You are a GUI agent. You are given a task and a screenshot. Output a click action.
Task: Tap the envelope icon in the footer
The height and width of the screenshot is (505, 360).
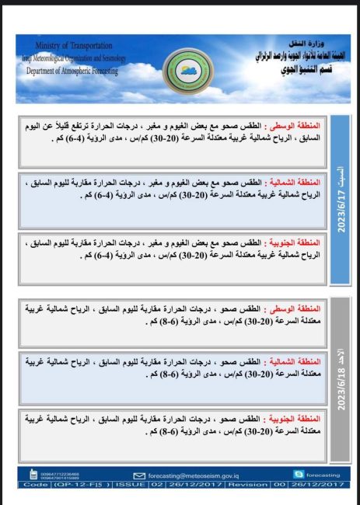pyautogui.click(x=140, y=473)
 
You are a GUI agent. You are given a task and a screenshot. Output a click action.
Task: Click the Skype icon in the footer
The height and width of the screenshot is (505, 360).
pyautogui.click(x=298, y=473)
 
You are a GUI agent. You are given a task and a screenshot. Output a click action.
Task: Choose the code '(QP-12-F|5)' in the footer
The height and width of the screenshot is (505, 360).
pyautogui.click(x=82, y=483)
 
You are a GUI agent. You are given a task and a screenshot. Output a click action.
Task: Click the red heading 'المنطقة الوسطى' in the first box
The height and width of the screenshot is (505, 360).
pyautogui.click(x=295, y=126)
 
